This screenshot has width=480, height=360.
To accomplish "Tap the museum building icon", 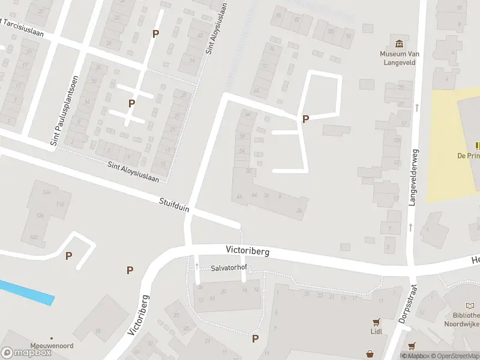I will pos(400,43).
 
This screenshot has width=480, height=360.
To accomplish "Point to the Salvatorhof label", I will pos(229,269).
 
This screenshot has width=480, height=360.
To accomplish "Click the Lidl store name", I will pos(376,331).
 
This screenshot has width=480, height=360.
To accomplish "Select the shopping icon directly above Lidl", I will pos(376,321).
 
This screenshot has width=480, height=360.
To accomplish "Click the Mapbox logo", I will pos(26,353).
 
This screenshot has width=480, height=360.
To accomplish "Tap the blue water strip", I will pos(27,292).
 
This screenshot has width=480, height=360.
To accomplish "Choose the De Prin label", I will pos(469,155).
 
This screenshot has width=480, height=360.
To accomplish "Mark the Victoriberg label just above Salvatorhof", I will pos(248,250).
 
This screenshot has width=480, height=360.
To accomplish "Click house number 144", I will pos(47,193).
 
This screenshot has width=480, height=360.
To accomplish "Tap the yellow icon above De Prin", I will pos(478,145).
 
